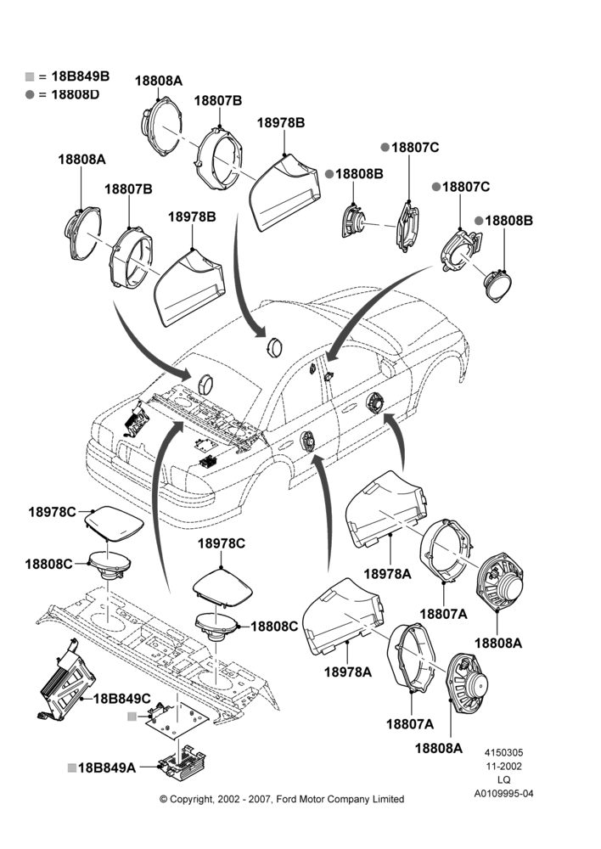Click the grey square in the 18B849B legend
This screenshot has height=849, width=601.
click(29, 77)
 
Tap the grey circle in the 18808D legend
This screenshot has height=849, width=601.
click(29, 95)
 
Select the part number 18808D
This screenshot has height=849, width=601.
click(76, 95)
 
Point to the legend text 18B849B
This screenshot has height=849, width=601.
click(80, 76)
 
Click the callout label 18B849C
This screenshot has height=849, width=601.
click(122, 699)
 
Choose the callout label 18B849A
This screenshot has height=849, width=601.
click(107, 767)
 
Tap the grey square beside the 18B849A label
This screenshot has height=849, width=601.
click(72, 767)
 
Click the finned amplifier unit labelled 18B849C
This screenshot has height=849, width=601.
click(66, 679)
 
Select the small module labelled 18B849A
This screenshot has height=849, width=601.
click(183, 762)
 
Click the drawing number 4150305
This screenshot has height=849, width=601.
click(503, 752)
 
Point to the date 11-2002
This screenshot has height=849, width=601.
click(503, 766)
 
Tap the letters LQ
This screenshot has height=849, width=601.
click(503, 780)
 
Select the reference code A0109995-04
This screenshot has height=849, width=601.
click(503, 794)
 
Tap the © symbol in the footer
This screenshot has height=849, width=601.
click(163, 799)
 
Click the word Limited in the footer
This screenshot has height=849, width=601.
click(387, 799)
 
